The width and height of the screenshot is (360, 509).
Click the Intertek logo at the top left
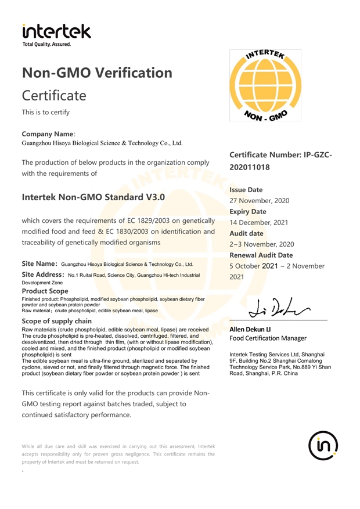[x=56, y=34]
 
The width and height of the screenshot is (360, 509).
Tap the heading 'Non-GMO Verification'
[x=96, y=73]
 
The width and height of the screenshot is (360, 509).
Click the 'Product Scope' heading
[x=45, y=290]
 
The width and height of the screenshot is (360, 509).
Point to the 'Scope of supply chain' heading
[x=56, y=321]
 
